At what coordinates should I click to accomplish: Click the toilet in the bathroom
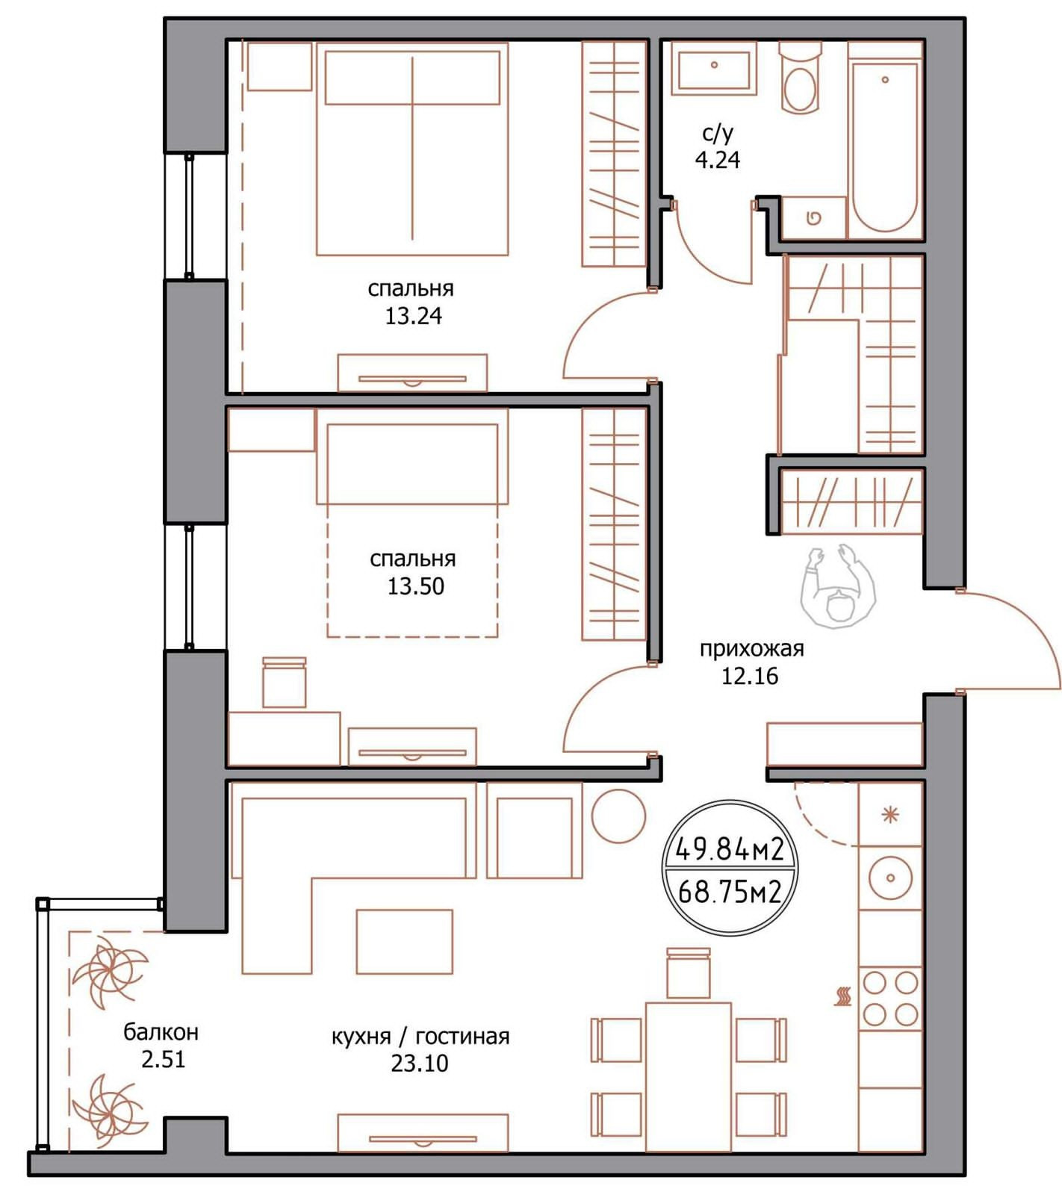[800, 78]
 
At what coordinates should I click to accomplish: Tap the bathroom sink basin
[714, 68]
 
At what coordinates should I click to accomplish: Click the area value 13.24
[413, 316]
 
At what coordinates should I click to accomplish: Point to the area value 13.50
[415, 586]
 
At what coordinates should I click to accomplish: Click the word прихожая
[751, 648]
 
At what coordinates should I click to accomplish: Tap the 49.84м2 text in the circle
[729, 848]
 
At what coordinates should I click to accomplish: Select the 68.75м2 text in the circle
[729, 891]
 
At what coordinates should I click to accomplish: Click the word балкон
[161, 1032]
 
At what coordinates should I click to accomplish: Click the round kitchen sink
[890, 878]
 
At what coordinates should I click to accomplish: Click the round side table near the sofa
[618, 816]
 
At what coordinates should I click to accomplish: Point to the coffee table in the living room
[404, 941]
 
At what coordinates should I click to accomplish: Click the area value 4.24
[717, 160]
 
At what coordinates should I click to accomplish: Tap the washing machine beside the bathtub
[813, 218]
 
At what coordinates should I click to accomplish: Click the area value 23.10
[419, 1064]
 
